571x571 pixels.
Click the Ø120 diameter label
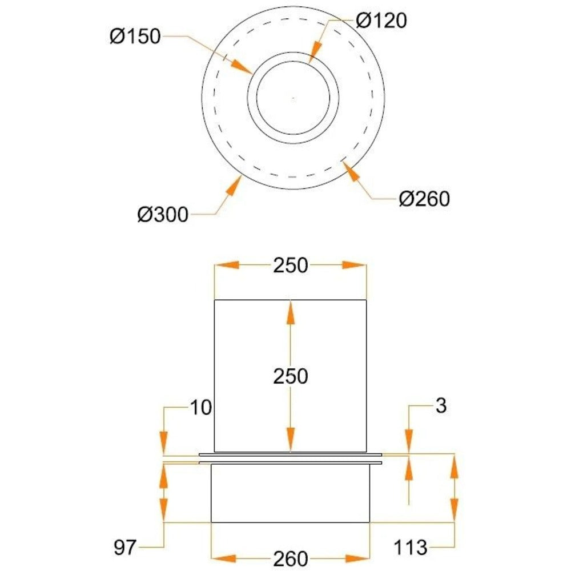381,21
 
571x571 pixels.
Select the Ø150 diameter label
135,37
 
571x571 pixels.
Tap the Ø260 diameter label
424,199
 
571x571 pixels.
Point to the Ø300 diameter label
163,214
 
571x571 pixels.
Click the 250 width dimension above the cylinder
291,266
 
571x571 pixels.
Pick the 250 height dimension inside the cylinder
291,376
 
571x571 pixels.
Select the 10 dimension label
201,408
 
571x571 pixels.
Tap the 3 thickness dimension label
441,405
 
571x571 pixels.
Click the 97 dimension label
125,548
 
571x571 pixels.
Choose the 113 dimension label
411,548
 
